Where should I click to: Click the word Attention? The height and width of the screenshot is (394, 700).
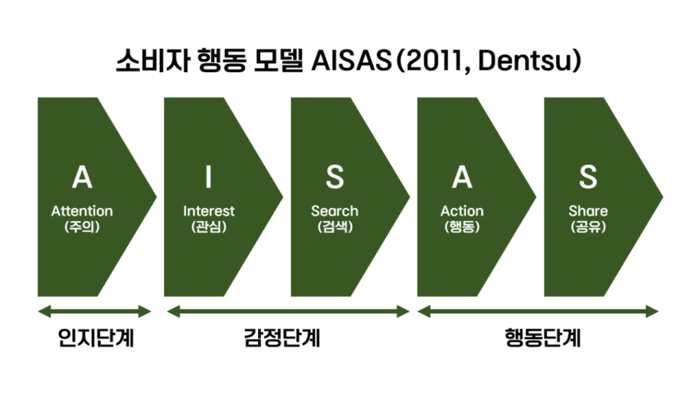click(x=82, y=211)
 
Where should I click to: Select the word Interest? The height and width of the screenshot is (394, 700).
click(x=209, y=211)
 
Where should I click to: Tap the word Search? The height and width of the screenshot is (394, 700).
click(x=335, y=211)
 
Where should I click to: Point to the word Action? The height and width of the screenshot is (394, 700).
click(x=462, y=211)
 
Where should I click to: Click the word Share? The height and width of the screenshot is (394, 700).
click(x=588, y=211)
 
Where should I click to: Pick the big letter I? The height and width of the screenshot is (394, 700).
click(x=208, y=177)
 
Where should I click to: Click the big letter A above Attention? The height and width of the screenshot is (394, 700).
click(x=82, y=177)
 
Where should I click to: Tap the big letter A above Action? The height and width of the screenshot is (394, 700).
click(x=462, y=177)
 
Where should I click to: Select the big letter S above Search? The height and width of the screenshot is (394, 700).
click(x=335, y=177)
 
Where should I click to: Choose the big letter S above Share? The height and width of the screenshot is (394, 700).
click(x=588, y=177)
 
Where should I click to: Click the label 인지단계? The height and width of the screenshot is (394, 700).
click(x=96, y=338)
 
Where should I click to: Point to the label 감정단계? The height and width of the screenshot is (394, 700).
click(x=282, y=338)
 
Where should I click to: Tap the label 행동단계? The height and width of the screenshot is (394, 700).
click(x=543, y=338)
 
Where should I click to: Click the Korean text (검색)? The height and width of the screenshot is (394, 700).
click(x=335, y=227)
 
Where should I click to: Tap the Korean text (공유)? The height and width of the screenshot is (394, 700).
click(x=588, y=227)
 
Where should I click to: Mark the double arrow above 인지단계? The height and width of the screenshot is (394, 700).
click(x=94, y=312)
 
